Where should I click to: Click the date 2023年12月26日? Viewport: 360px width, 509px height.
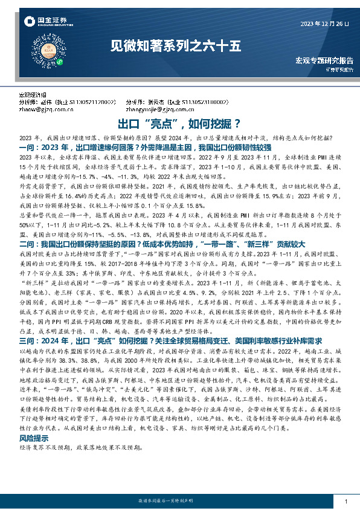(x=325, y=24)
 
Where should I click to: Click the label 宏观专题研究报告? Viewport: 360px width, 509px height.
(x=323, y=60)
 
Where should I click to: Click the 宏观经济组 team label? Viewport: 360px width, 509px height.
(x=32, y=96)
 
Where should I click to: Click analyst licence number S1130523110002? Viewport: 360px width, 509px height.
(x=198, y=103)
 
